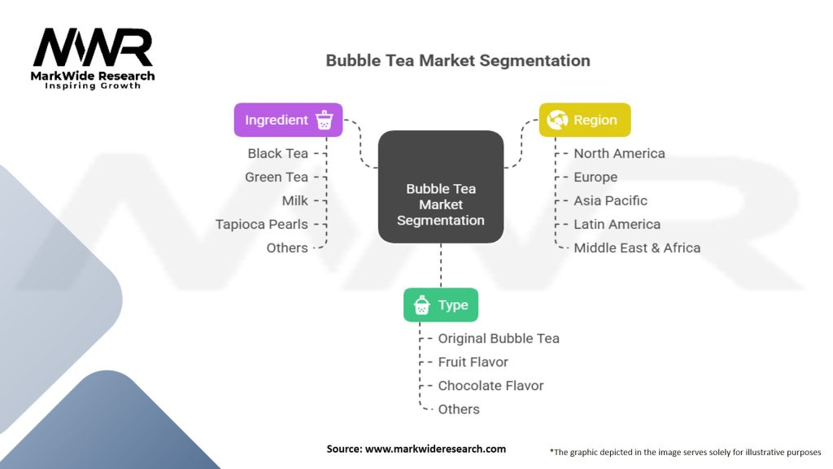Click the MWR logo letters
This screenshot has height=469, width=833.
pyautogui.click(x=93, y=48)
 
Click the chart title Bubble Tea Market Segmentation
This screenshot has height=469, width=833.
pyautogui.click(x=458, y=60)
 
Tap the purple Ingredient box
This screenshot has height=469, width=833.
pyautogui.click(x=288, y=120)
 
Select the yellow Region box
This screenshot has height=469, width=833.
pyautogui.click(x=584, y=120)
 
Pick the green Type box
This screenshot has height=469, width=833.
pyautogui.click(x=441, y=305)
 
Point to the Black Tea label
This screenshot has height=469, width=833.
pyautogui.click(x=277, y=153)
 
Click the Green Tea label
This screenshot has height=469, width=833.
pyautogui.click(x=277, y=177)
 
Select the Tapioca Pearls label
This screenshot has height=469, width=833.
pyautogui.click(x=261, y=224)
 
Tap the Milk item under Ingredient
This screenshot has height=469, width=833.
pyautogui.click(x=294, y=200)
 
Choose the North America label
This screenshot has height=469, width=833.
pyautogui.click(x=619, y=153)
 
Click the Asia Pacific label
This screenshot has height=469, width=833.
pyautogui.click(x=610, y=200)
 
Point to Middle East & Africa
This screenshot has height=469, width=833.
pyautogui.click(x=637, y=248)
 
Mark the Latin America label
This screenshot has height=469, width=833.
pyautogui.click(x=617, y=224)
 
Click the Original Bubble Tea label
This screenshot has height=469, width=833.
pyautogui.click(x=499, y=338)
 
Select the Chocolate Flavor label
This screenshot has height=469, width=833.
pyautogui.click(x=491, y=385)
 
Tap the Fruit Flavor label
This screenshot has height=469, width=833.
pyautogui.click(x=473, y=362)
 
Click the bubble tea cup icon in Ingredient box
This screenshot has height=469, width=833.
pyautogui.click(x=325, y=120)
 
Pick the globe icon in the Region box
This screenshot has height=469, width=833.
pyautogui.click(x=557, y=120)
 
